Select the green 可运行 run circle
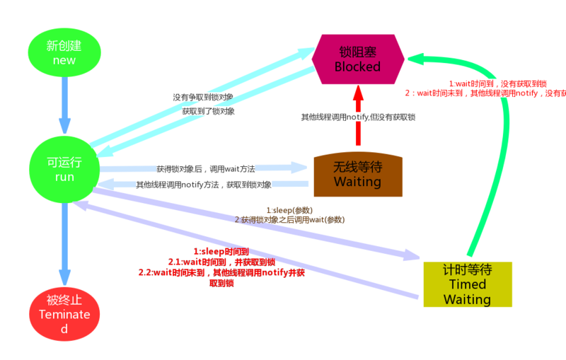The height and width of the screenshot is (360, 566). [x=64, y=169]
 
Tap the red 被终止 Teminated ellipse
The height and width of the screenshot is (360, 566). [x=64, y=314]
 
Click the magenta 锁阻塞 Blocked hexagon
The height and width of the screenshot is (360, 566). [x=358, y=59]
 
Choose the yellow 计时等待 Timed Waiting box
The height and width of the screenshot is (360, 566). [x=466, y=284]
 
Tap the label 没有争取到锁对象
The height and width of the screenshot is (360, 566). [x=202, y=97]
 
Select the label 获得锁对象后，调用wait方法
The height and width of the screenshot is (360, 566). [x=205, y=169]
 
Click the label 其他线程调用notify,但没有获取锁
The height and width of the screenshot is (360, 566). [x=358, y=117]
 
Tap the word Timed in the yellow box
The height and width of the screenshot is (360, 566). [x=468, y=284]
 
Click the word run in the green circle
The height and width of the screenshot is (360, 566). [x=64, y=177]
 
